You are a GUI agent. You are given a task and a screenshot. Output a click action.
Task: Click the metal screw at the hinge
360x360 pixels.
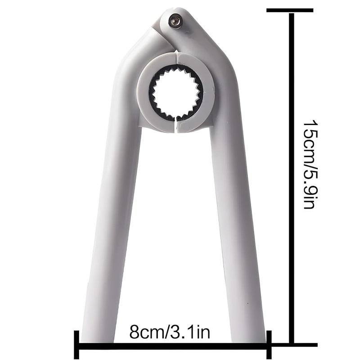point(175,20)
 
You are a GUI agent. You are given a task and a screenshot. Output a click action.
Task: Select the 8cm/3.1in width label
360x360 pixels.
point(170,333)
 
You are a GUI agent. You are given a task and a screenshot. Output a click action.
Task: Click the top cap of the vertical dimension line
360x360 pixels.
point(290,10)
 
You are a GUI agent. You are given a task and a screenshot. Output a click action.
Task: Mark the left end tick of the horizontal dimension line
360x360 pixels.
point(76,344)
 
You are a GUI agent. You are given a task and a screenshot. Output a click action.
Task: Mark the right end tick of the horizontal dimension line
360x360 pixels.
point(269,344)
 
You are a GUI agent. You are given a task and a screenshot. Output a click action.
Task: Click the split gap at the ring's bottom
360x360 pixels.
point(176,126)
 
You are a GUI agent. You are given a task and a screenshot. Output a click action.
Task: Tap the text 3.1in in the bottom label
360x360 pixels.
point(191,333)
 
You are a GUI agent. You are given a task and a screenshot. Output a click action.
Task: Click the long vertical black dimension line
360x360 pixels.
point(292,180)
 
